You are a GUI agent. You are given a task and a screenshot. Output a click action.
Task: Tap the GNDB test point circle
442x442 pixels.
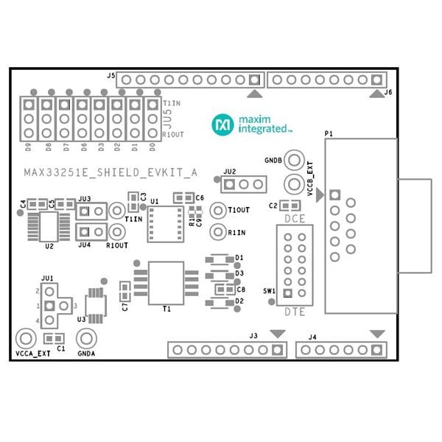click(x=294, y=160)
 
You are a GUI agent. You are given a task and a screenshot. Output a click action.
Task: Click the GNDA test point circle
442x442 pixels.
click(x=88, y=339)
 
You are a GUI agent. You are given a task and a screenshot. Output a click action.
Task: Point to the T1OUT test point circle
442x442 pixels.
click(x=217, y=210)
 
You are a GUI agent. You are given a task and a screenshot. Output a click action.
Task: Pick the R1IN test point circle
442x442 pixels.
click(x=217, y=232)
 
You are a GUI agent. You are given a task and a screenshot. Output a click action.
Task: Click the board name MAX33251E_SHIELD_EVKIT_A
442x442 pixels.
click(x=110, y=173)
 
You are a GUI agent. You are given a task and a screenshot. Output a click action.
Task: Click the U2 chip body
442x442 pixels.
click(x=49, y=224)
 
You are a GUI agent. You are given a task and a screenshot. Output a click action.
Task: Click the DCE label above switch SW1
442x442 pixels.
click(x=294, y=220)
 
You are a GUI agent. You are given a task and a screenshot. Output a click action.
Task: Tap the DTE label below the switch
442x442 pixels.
click(x=294, y=311)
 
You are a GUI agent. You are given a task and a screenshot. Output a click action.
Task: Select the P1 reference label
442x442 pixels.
click(x=329, y=133)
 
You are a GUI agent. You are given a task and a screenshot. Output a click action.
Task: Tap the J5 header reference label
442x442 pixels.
click(x=110, y=75)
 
